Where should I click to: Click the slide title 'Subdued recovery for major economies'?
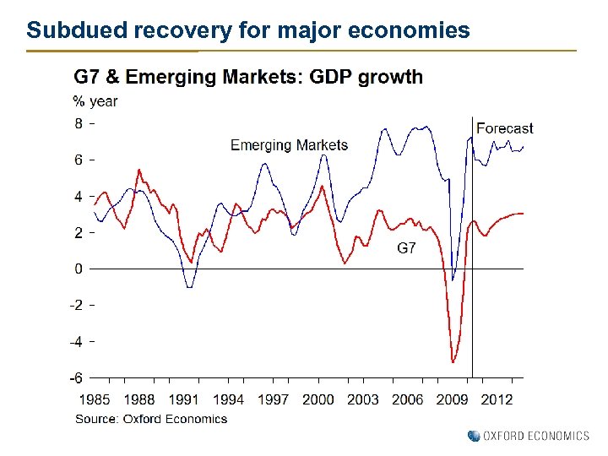(247, 31)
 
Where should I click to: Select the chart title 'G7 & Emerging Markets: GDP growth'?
(248, 77)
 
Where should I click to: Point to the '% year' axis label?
(95, 101)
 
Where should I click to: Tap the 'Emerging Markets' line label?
(289, 145)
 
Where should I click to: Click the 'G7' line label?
(406, 248)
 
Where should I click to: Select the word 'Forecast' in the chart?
(505, 128)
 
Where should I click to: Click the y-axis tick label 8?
(78, 123)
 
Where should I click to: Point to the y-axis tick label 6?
(78, 160)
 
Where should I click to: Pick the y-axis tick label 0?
(78, 269)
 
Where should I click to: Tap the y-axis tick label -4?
(76, 341)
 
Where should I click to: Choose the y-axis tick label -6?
(76, 378)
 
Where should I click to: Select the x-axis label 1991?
(184, 399)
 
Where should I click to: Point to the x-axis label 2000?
(318, 399)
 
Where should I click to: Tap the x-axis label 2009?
(453, 399)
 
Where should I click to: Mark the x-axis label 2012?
(497, 399)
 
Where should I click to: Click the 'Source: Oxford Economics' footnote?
(151, 418)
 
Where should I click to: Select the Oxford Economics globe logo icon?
(473, 436)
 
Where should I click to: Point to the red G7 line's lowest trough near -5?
(453, 362)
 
